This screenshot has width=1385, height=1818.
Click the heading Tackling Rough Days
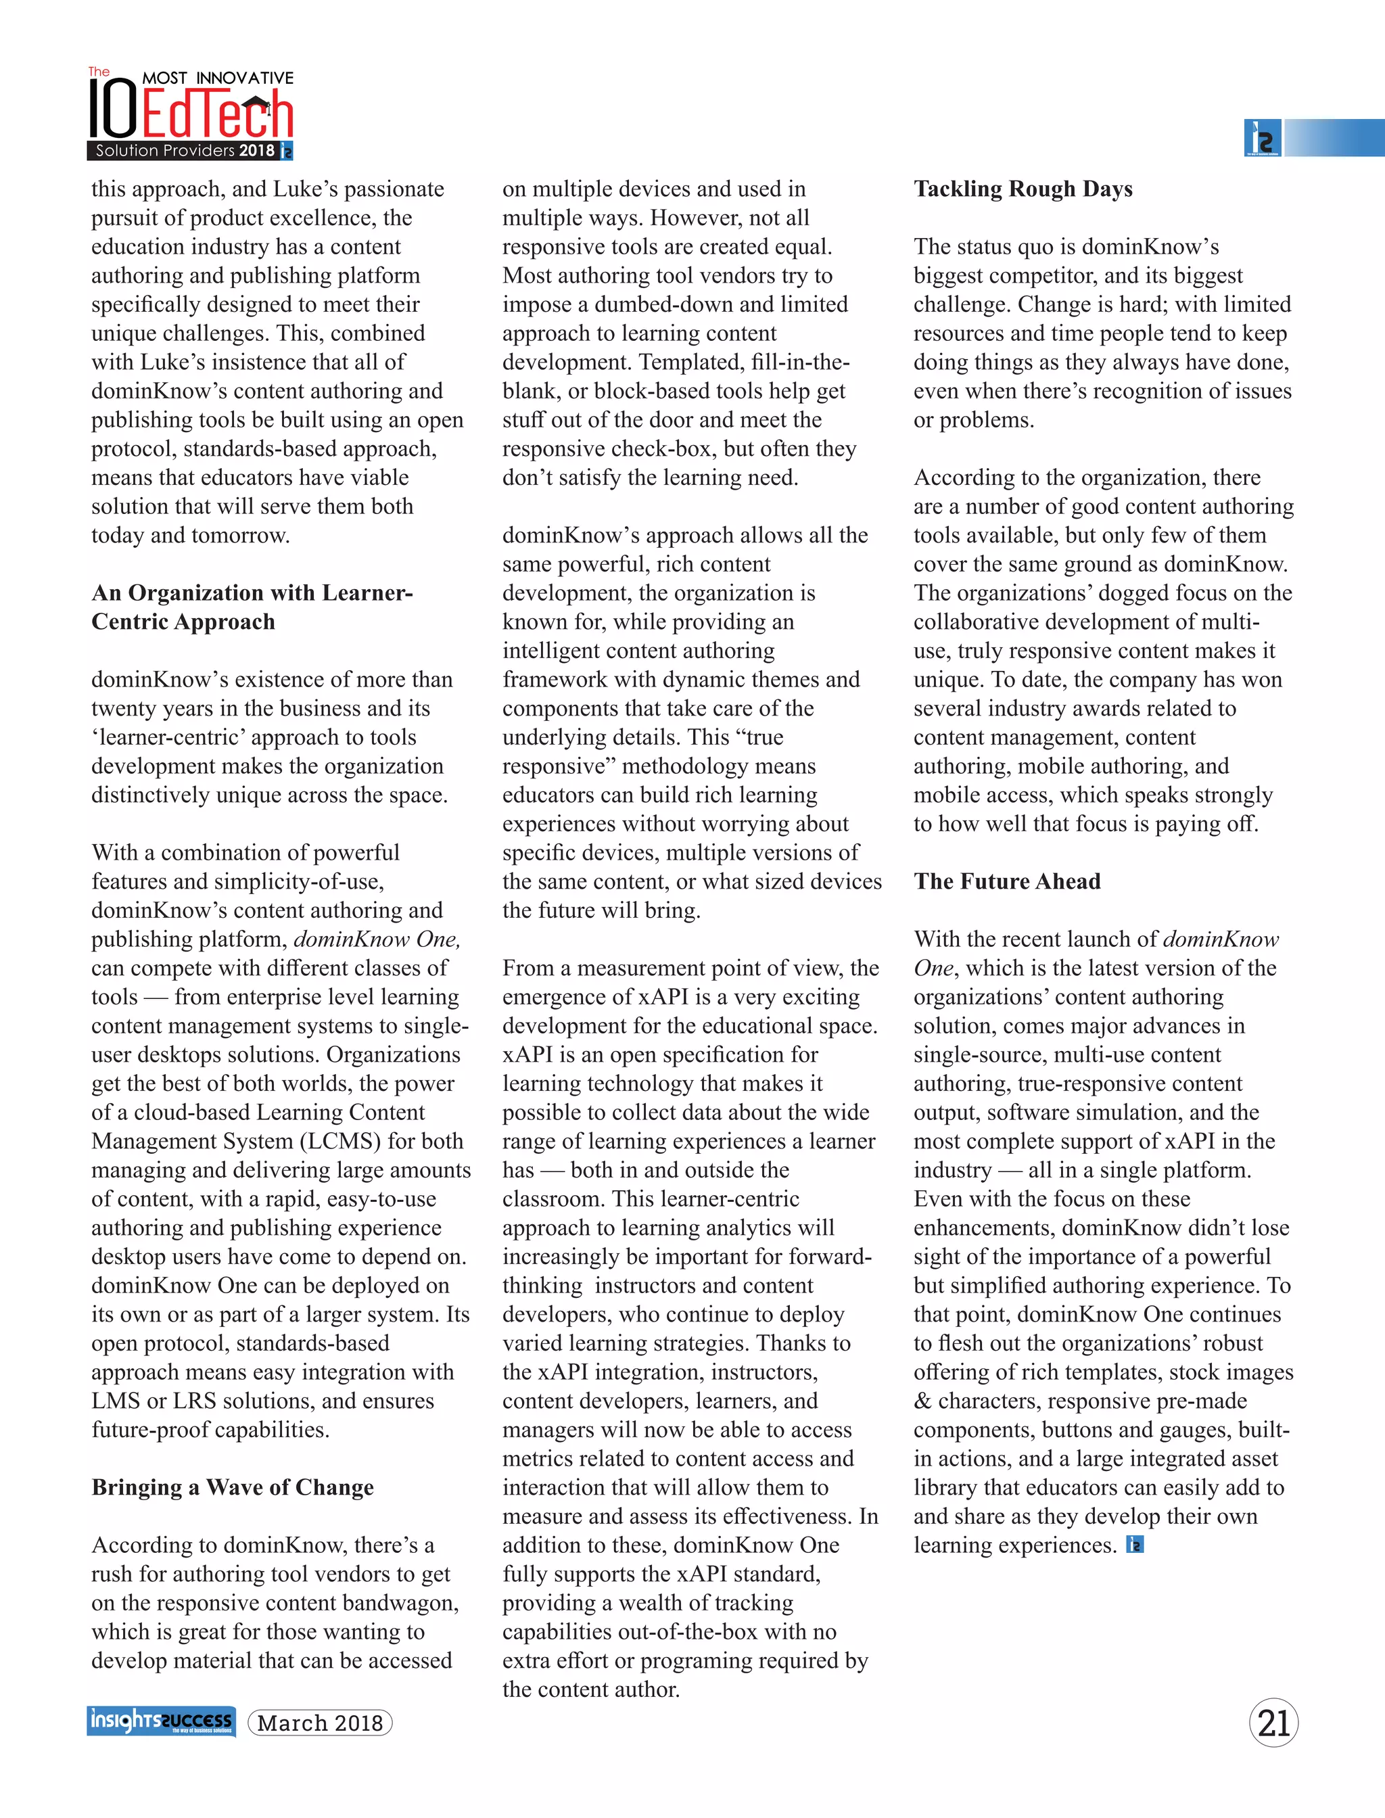(x=1023, y=189)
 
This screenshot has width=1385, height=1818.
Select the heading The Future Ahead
(x=1006, y=881)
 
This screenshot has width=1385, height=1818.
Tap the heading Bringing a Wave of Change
(x=233, y=1487)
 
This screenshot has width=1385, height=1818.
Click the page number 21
(x=1273, y=1723)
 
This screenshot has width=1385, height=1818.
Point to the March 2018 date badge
(x=320, y=1723)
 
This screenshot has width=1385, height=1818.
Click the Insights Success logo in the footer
(x=161, y=1721)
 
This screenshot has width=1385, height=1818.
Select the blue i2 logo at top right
(x=1261, y=138)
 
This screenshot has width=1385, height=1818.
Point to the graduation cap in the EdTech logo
(x=256, y=105)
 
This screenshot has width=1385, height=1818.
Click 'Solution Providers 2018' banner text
(x=185, y=151)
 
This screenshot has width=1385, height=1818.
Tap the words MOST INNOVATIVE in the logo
(x=218, y=78)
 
